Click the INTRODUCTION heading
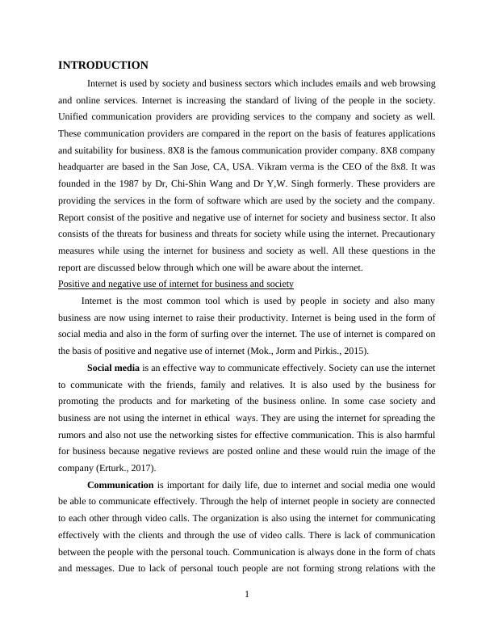103,65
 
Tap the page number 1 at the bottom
247,596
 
